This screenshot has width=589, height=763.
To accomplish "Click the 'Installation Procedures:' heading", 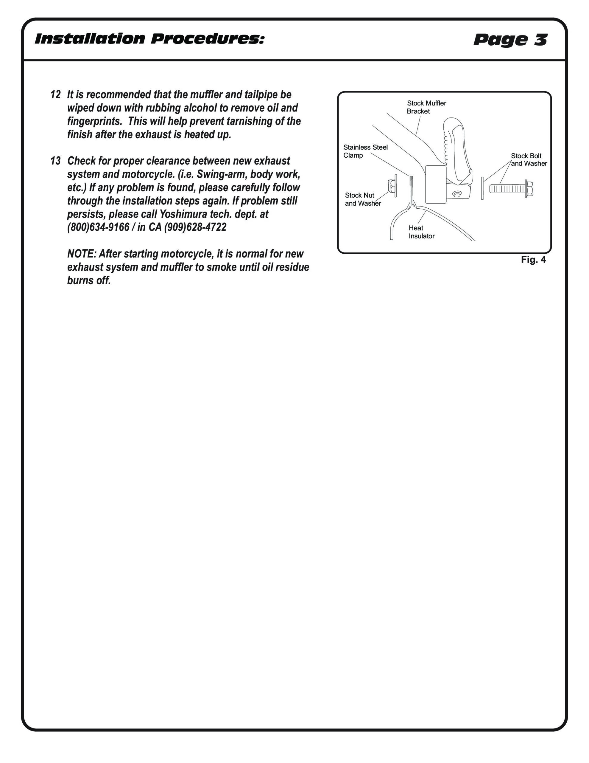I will click(149, 39).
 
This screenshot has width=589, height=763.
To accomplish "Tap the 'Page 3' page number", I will click(510, 40).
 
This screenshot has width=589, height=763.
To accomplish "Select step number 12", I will click(55, 95).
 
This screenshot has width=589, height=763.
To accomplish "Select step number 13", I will click(55, 161).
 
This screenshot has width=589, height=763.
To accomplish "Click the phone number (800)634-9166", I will click(98, 227).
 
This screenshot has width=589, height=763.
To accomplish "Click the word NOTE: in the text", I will click(81, 254).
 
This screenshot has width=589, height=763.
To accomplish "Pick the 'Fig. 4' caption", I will click(533, 260).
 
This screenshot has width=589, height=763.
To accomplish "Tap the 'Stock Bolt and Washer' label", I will click(529, 160).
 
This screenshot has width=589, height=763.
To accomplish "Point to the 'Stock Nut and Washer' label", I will click(362, 199).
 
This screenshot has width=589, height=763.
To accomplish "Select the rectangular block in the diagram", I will click(436, 184).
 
